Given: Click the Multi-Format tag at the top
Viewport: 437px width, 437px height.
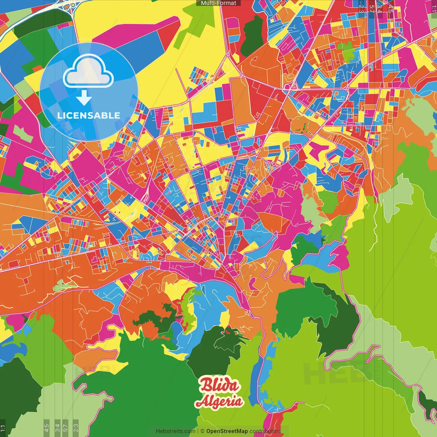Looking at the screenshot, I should point(218,3).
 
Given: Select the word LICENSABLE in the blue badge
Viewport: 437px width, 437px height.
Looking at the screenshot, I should point(89,115).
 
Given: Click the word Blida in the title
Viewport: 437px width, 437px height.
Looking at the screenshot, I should point(220,385).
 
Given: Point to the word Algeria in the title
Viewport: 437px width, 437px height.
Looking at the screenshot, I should point(219,401).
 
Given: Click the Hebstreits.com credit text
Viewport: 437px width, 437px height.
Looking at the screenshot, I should point(175,431).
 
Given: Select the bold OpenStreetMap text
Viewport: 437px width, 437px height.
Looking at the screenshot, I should point(227,431).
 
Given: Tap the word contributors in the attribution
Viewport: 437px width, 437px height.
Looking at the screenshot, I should point(265,431).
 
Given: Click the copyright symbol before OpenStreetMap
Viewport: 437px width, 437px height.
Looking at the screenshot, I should point(202,431).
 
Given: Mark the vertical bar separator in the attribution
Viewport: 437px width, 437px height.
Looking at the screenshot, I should point(198,431).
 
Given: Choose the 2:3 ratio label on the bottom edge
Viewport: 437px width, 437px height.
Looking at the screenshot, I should point(75,427).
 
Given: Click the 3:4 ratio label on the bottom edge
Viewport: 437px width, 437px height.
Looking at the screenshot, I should point(57,427).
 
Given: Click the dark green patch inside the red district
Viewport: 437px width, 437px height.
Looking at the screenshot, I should point(253,36).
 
